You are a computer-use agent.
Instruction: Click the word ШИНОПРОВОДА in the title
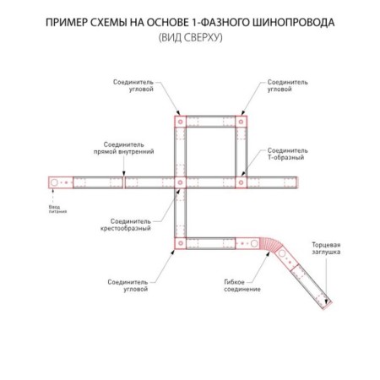[x=293, y=23]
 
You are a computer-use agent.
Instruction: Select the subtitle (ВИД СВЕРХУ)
[x=190, y=37]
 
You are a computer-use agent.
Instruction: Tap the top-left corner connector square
[x=180, y=122]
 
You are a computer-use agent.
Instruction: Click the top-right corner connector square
[x=241, y=122]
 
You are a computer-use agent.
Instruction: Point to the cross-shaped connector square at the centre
[x=180, y=182]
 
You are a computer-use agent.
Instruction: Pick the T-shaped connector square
[x=241, y=182]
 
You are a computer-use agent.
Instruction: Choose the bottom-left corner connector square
[x=180, y=243]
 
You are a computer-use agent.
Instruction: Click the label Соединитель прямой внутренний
[x=124, y=148]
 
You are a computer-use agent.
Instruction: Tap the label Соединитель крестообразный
[x=126, y=225]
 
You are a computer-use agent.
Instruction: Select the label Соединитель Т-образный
[x=287, y=154]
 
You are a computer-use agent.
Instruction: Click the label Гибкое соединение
[x=242, y=285]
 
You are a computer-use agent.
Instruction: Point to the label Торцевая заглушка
[x=326, y=248]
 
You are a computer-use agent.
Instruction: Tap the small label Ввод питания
[x=57, y=209]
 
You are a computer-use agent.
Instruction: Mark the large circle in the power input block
[x=54, y=182]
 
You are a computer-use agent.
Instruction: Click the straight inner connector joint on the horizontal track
[x=124, y=182]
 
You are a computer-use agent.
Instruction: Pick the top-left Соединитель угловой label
[x=133, y=85]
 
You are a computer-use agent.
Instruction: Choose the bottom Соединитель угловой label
[x=128, y=285]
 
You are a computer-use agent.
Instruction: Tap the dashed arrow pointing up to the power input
[x=53, y=196]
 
